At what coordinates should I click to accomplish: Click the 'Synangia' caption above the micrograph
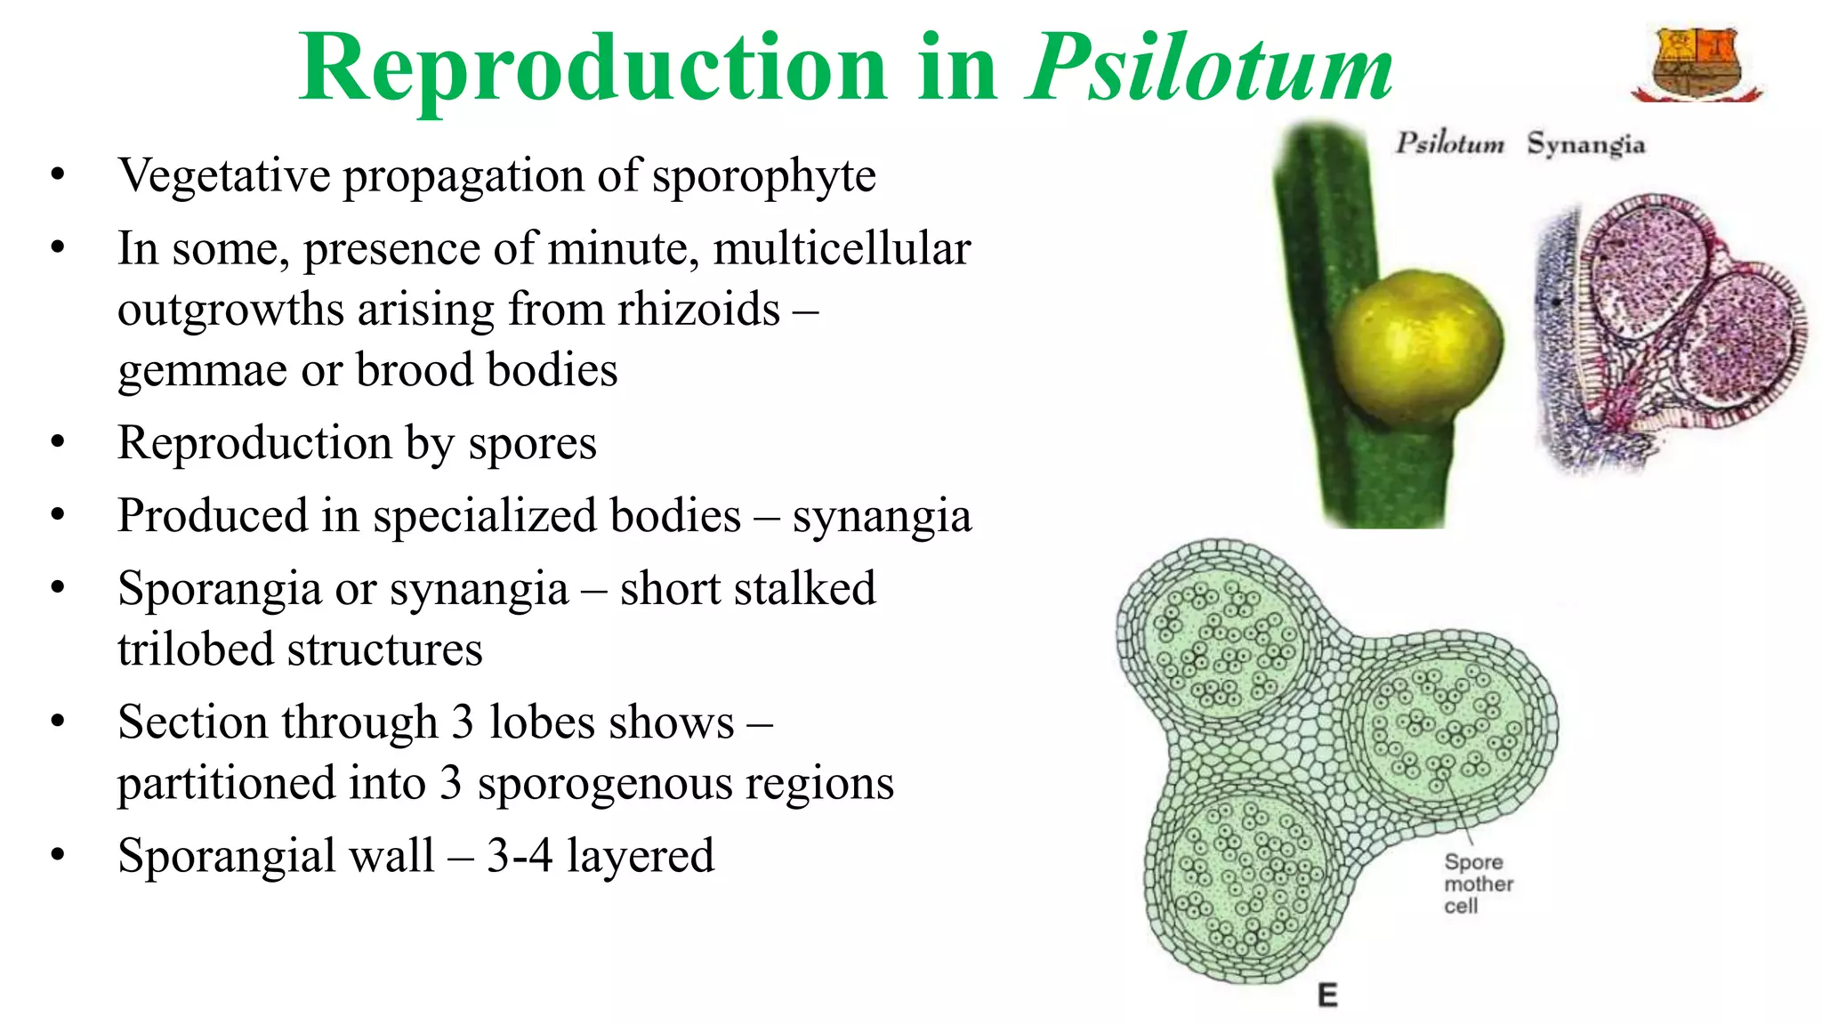1585,144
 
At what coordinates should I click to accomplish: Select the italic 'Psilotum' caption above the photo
1449,143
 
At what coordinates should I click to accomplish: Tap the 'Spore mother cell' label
1478,884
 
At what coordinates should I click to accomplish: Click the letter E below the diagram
1327,995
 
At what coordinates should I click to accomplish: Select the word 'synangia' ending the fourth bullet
882,517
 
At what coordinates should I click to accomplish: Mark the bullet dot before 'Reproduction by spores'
58,442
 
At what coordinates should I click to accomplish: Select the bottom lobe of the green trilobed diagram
1246,881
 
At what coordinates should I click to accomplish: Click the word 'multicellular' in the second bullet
841,249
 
